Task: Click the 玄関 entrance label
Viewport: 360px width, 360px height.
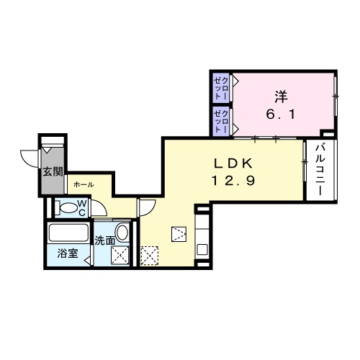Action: click(53, 172)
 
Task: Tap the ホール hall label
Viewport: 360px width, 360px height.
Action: click(84, 184)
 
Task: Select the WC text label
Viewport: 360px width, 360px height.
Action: click(82, 208)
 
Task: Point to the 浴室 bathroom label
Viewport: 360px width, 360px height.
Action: click(68, 253)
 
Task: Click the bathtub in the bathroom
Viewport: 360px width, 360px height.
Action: click(68, 233)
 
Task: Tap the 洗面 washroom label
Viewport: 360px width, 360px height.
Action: click(105, 240)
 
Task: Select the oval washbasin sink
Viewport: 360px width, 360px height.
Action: click(122, 232)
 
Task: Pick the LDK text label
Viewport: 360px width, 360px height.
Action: click(233, 163)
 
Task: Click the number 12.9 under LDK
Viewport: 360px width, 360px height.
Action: click(233, 180)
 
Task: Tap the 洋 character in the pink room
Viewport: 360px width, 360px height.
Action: click(281, 97)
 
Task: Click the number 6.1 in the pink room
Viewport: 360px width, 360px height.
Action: click(280, 114)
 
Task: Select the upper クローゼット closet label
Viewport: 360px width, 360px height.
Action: click(221, 88)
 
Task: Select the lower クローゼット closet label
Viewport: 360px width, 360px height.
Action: click(221, 121)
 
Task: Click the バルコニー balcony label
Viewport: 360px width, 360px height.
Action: click(320, 169)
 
